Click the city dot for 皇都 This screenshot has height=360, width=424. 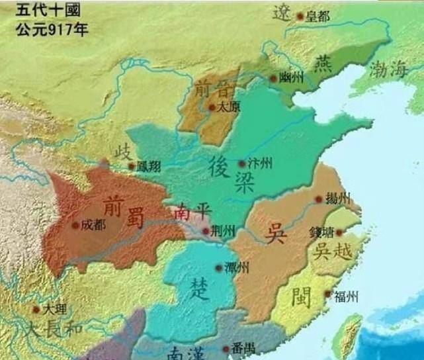pyautogui.click(x=300, y=15)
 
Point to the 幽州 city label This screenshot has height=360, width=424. pyautogui.click(x=291, y=78)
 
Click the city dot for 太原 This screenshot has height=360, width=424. pyautogui.click(x=211, y=107)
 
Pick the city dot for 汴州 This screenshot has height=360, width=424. pyautogui.click(x=241, y=163)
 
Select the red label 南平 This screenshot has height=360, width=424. pyautogui.click(x=191, y=213)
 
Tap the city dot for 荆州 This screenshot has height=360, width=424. pyautogui.click(x=206, y=231)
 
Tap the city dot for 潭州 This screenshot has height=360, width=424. pyautogui.click(x=219, y=268)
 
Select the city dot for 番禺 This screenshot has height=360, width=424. pyautogui.click(x=227, y=348)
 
